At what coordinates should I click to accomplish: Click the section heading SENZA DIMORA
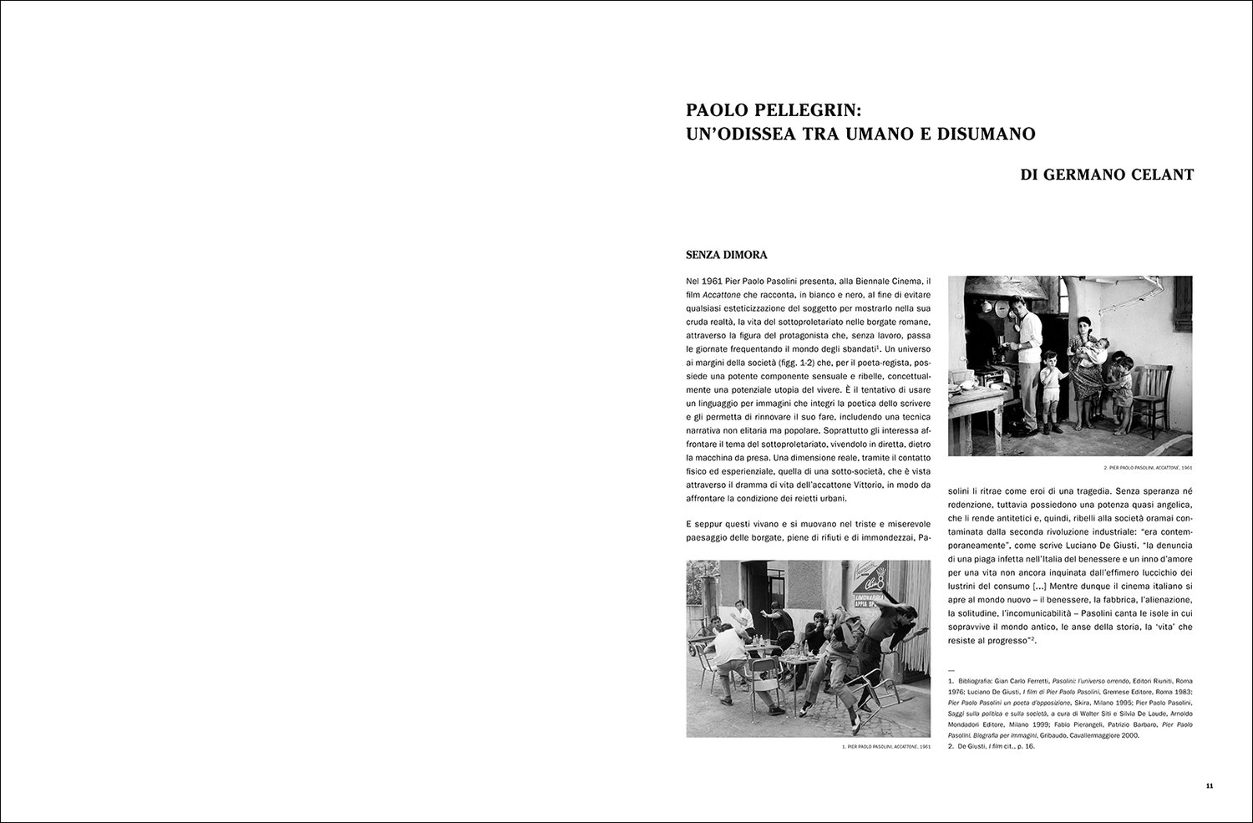tap(726, 255)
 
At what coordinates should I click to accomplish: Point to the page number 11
tap(1210, 786)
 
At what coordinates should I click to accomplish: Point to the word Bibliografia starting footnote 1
tap(977, 682)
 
